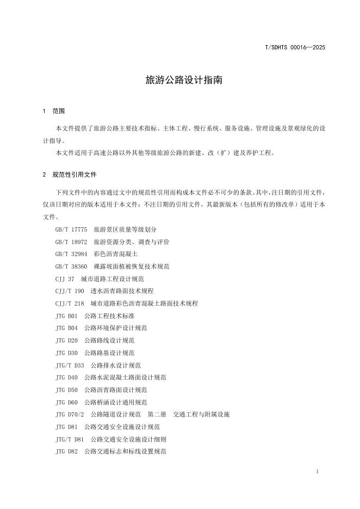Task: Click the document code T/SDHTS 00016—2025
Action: click(295, 47)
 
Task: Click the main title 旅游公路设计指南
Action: click(179, 80)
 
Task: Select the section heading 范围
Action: click(58, 111)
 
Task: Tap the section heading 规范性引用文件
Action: click(75, 175)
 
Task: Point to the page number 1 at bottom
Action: click(317, 471)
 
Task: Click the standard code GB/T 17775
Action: click(71, 229)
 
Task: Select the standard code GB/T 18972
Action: click(71, 242)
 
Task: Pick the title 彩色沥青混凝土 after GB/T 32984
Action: click(115, 254)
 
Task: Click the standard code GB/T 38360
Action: click(71, 266)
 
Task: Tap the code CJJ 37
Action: click(64, 279)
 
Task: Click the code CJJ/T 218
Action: click(70, 303)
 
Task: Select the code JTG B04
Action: click(66, 328)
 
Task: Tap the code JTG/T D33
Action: click(70, 365)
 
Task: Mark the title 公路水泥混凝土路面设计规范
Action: click(125, 377)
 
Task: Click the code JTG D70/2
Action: click(70, 414)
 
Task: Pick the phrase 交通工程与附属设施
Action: click(201, 414)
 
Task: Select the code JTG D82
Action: click(66, 451)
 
